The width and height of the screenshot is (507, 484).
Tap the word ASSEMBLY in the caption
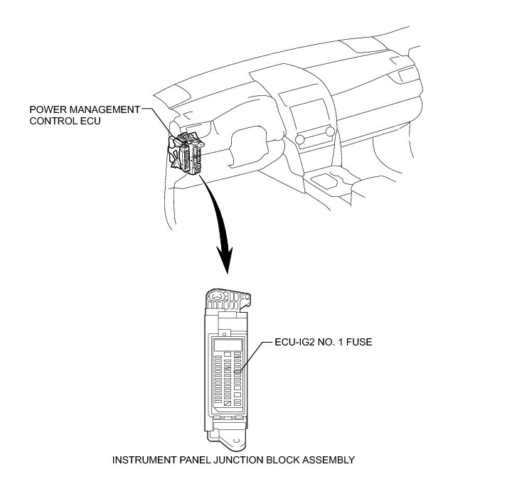328,460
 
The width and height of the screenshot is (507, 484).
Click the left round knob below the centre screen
299,138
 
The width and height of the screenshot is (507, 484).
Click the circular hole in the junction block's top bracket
218,294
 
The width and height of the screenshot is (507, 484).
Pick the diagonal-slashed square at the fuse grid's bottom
227,402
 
